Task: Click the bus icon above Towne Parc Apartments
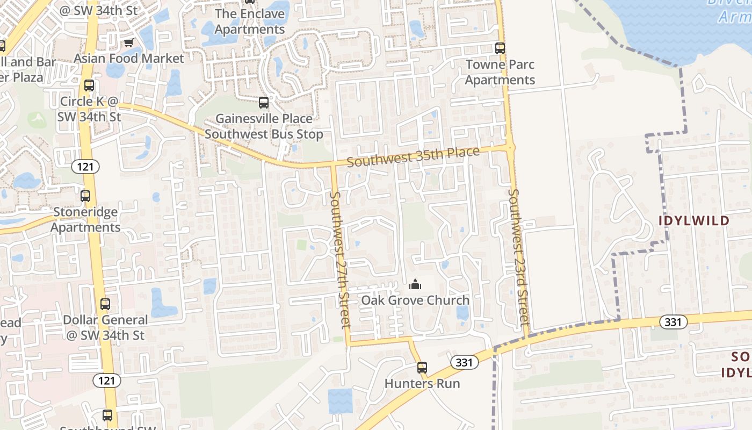click(500, 48)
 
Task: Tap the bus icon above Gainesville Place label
click(264, 103)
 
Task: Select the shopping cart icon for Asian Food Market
click(128, 43)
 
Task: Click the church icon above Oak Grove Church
click(415, 284)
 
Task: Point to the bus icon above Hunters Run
click(422, 368)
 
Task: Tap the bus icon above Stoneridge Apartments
click(85, 196)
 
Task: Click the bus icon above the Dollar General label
click(105, 304)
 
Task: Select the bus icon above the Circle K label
click(89, 85)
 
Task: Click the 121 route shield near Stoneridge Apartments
click(85, 167)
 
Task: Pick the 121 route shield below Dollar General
click(106, 381)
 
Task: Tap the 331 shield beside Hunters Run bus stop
click(464, 362)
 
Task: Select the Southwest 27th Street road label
click(340, 260)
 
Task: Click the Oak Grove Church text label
click(415, 300)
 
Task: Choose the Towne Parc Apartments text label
click(500, 73)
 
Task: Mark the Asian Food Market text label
click(129, 58)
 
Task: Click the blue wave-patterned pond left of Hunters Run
click(341, 400)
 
